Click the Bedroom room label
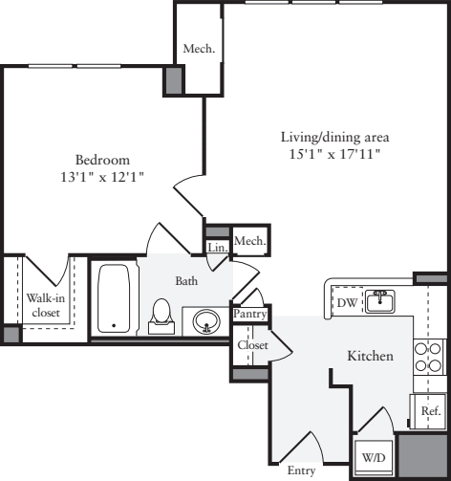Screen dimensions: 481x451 [x=103, y=160]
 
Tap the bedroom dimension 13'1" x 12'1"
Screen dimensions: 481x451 [x=103, y=177]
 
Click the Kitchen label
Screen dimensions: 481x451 [x=370, y=356]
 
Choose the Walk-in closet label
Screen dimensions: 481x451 [x=45, y=304]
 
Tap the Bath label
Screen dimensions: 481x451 [x=186, y=281]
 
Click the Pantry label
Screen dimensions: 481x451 [x=249, y=314]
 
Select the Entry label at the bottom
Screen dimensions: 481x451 [x=302, y=470]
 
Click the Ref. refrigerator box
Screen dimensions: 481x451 [x=429, y=410]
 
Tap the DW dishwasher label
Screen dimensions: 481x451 [x=347, y=302]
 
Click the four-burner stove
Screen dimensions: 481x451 [x=429, y=357]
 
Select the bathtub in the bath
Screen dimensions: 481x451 [x=115, y=298]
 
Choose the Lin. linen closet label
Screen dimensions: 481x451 [x=217, y=248]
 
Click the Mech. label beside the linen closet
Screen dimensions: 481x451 [x=250, y=241]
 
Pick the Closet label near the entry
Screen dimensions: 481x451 [x=253, y=345]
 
